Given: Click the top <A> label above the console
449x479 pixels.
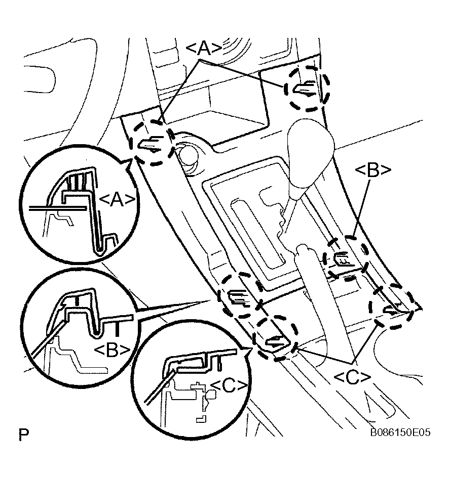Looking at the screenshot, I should tap(204, 48).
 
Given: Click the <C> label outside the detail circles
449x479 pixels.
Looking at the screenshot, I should tap(352, 376).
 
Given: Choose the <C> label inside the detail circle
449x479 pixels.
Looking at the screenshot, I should tap(229, 386).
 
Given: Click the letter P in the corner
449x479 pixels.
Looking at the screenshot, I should tap(23, 434).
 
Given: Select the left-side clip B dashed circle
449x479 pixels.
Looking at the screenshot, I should tap(240, 296).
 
